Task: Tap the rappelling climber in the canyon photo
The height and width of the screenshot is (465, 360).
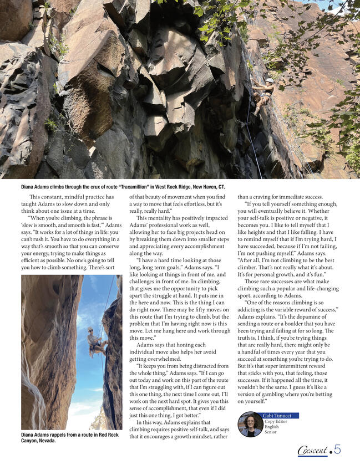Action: [95, 340]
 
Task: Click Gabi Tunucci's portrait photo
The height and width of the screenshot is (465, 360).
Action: [250, 425]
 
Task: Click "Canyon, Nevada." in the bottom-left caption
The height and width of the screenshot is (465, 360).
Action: [39, 441]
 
